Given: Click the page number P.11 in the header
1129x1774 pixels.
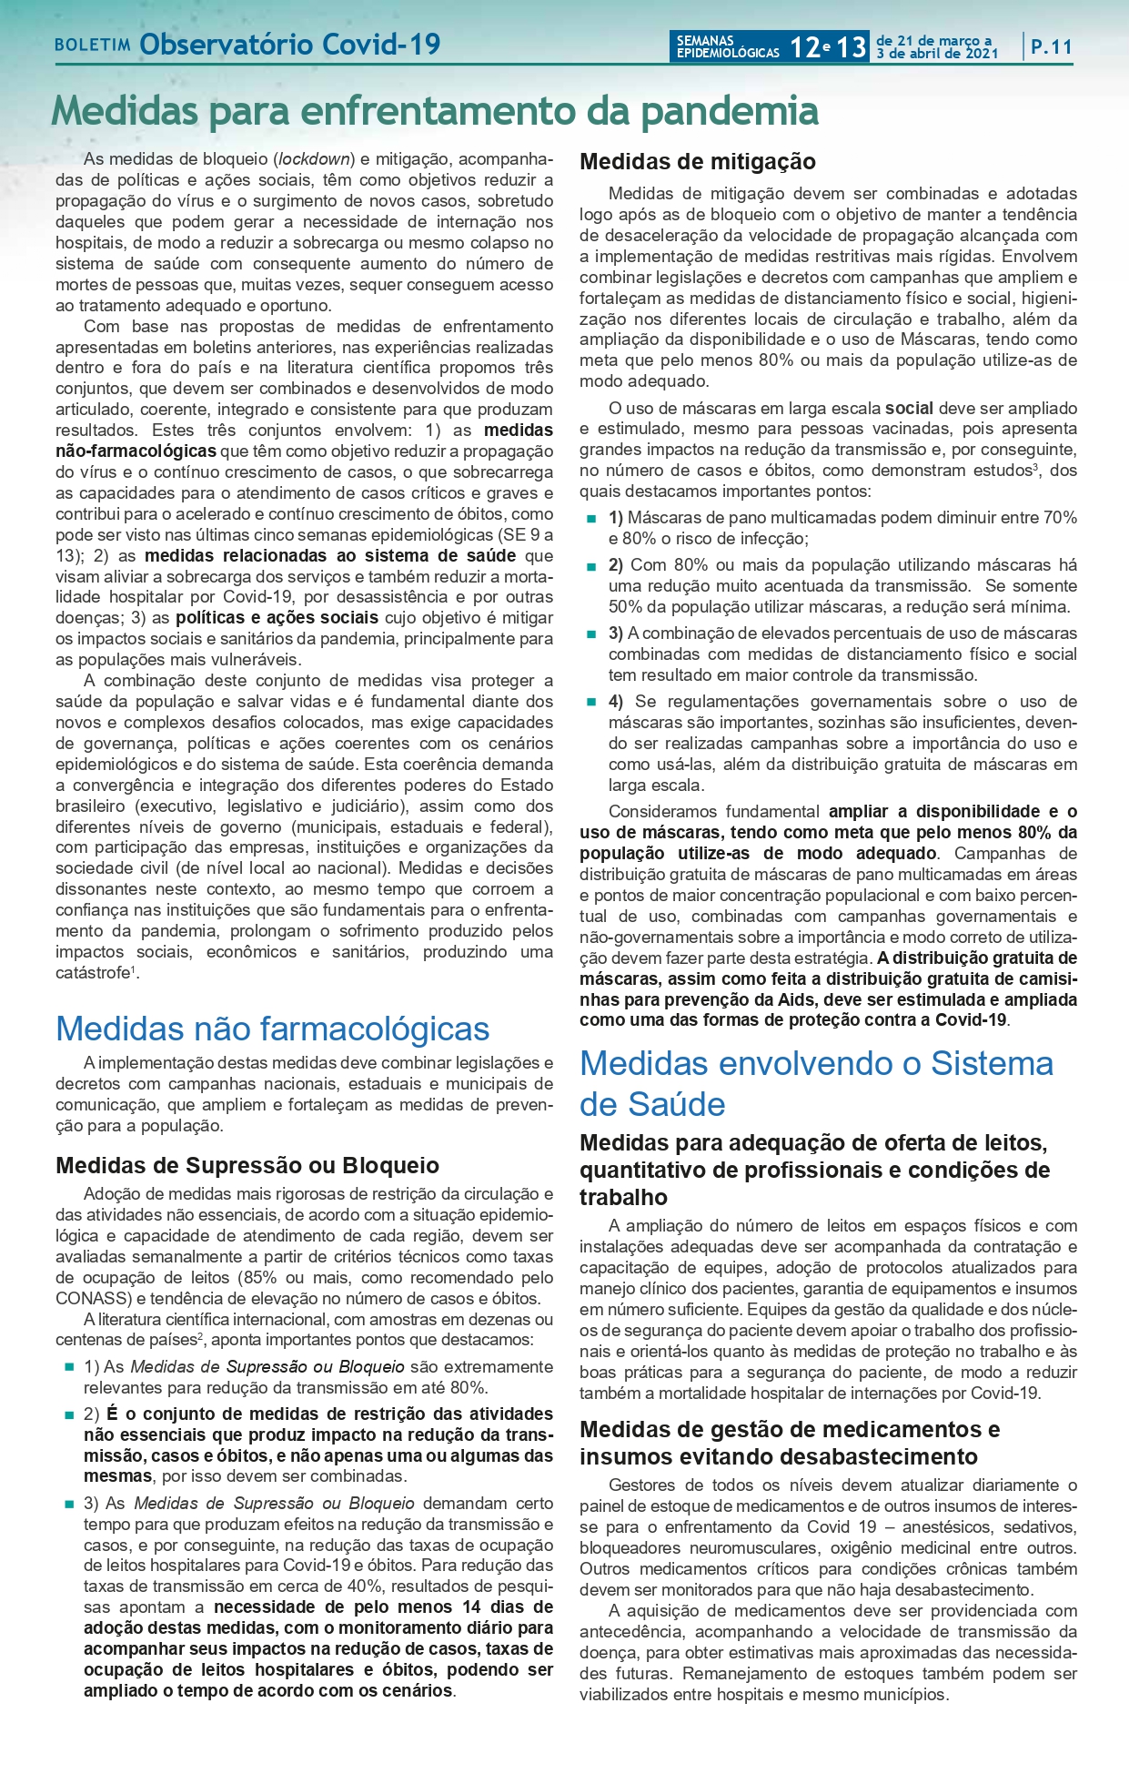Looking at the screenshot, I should [1052, 46].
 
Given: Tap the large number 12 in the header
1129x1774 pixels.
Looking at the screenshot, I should [804, 46].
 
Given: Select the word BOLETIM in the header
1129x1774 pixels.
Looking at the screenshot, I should [93, 46].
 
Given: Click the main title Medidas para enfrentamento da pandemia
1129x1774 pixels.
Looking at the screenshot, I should [435, 111].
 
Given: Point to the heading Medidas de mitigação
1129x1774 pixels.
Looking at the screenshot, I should [698, 162].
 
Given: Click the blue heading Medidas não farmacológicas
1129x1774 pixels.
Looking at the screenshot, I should [272, 1029].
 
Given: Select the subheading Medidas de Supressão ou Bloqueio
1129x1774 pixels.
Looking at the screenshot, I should [247, 1165].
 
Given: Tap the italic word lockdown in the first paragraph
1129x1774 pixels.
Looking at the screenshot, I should [315, 159].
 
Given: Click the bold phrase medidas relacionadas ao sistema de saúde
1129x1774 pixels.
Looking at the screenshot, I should [330, 555].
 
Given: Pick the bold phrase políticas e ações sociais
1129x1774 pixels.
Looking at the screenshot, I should [277, 618].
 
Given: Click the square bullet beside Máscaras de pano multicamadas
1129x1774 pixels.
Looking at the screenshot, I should [591, 519].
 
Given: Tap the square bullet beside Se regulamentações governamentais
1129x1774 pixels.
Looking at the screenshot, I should [591, 703].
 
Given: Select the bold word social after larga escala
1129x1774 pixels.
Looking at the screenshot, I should [909, 408].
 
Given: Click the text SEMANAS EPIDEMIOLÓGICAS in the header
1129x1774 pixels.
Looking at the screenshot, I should [727, 46].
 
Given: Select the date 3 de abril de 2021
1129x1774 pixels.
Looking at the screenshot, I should [937, 54].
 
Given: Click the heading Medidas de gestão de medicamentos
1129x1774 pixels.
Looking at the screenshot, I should [790, 1429].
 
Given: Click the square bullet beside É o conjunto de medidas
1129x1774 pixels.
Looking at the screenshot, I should [68, 1415].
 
